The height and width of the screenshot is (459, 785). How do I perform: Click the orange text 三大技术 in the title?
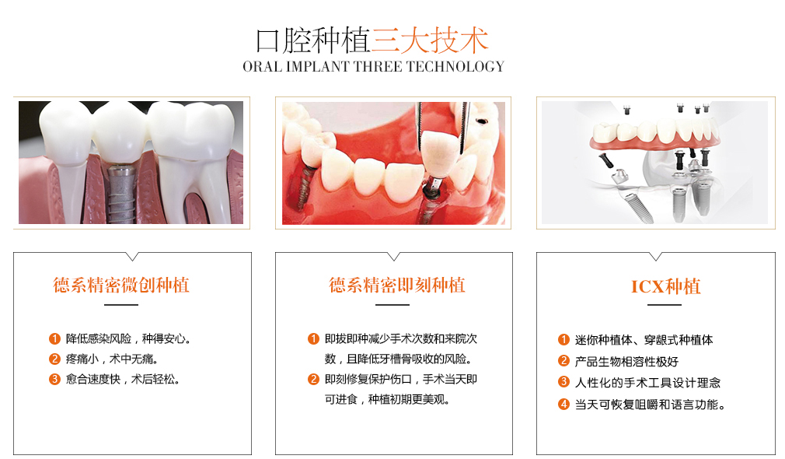[430, 40]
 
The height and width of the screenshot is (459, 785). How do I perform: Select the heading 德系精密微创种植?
[121, 285]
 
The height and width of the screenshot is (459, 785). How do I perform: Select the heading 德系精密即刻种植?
[397, 285]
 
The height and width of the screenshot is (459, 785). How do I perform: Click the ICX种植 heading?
[666, 286]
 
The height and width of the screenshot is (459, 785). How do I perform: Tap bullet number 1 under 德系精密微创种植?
[54, 338]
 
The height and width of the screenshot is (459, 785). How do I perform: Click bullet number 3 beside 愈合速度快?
[54, 380]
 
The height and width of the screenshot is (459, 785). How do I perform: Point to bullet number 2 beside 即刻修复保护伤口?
[313, 380]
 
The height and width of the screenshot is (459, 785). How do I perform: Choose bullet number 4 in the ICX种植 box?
[563, 404]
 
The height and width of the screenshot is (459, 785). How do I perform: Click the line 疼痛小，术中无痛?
[112, 359]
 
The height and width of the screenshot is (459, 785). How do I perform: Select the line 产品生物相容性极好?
[626, 361]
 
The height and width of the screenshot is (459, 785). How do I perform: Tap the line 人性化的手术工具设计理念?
[647, 383]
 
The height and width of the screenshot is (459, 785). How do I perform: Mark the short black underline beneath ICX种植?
[665, 305]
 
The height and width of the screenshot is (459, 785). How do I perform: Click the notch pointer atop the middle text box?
[394, 257]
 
